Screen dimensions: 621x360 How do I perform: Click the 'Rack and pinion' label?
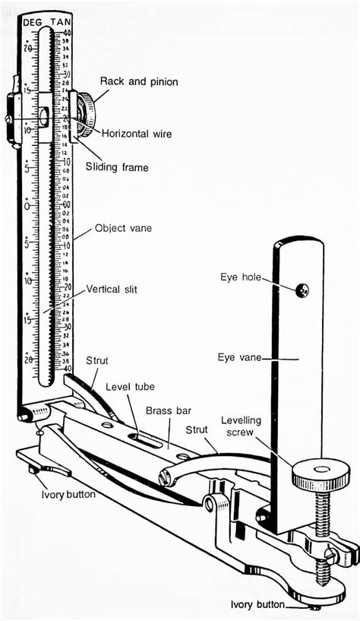[139, 82]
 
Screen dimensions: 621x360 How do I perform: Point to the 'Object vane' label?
[123, 227]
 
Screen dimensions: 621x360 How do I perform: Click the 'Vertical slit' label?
[112, 289]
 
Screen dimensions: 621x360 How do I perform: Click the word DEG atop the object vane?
[32, 23]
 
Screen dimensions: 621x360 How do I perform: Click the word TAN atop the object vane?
[63, 23]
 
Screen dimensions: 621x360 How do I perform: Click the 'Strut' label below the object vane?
[97, 360]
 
